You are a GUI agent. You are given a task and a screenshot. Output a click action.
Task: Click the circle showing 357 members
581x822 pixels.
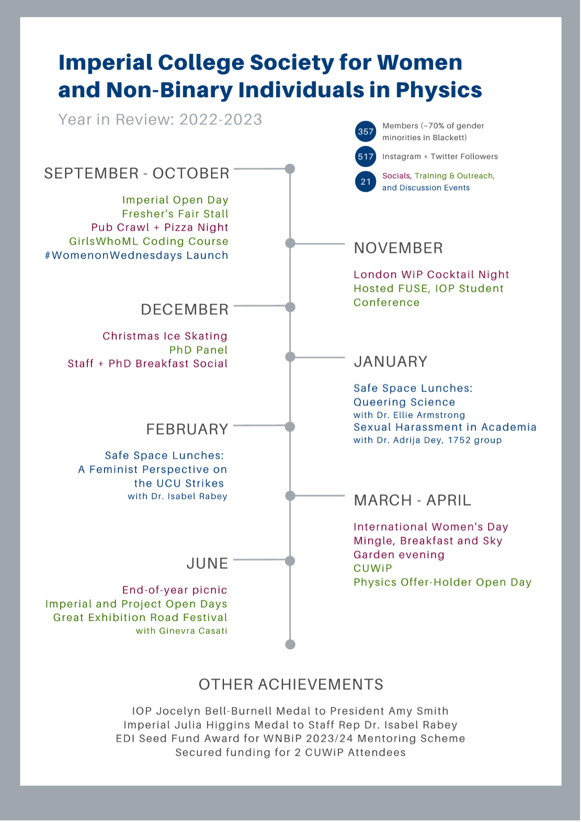click(366, 132)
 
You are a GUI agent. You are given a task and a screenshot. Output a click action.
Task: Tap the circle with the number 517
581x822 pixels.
click(366, 156)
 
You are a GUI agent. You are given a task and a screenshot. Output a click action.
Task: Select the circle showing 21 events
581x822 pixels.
click(366, 181)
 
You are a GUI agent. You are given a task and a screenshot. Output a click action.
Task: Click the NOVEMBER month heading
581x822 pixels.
click(398, 248)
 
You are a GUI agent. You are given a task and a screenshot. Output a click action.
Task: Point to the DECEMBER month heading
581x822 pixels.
click(185, 310)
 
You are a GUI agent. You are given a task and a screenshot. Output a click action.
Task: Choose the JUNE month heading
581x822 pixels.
click(208, 563)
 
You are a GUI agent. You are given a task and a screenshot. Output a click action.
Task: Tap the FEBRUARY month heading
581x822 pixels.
click(187, 429)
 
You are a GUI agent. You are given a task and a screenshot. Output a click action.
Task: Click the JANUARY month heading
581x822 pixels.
click(391, 361)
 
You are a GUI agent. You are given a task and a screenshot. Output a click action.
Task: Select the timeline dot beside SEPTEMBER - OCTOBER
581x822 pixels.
click(290, 169)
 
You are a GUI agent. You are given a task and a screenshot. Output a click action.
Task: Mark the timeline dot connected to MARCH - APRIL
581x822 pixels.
click(290, 496)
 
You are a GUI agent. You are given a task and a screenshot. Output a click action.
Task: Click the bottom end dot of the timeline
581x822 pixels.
click(290, 644)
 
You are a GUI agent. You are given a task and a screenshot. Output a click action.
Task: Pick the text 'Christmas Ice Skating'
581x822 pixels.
click(165, 336)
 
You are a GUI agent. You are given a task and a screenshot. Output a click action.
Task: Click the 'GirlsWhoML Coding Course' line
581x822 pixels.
click(149, 241)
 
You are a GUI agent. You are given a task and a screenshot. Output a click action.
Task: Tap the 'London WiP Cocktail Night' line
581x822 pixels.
click(431, 275)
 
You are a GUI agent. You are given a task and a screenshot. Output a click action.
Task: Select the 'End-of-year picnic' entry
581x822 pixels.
click(175, 590)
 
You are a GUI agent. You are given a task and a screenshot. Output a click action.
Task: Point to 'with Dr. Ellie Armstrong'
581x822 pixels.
click(409, 415)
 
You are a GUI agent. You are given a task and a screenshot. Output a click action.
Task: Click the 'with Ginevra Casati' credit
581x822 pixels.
click(181, 631)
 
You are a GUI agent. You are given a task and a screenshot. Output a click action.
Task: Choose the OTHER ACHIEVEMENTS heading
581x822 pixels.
click(291, 684)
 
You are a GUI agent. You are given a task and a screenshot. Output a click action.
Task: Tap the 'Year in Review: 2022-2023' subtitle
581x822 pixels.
click(160, 120)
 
